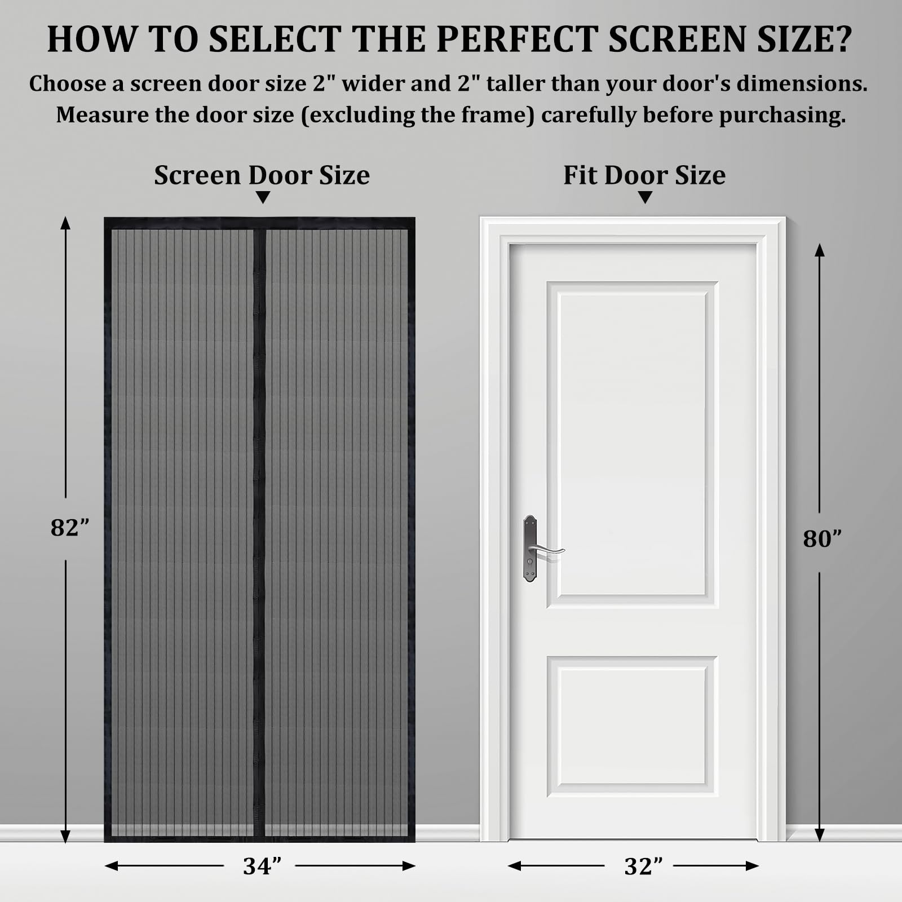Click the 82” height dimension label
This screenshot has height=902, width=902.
(70, 528)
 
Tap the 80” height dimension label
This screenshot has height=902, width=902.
(822, 539)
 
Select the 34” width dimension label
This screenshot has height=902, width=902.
(262, 866)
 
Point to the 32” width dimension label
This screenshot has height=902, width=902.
(643, 866)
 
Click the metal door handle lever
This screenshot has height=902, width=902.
(546, 550)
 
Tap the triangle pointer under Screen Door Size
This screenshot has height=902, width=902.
(263, 197)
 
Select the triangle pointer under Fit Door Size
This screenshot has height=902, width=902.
(645, 197)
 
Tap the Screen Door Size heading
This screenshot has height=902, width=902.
(262, 175)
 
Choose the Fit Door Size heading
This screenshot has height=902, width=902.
(644, 175)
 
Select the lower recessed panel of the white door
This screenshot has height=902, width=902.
(632, 726)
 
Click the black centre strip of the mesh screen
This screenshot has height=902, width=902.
(259, 532)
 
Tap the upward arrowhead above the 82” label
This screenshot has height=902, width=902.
(65, 223)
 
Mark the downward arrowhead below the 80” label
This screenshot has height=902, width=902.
(820, 835)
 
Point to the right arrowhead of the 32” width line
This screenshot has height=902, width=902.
(752, 866)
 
